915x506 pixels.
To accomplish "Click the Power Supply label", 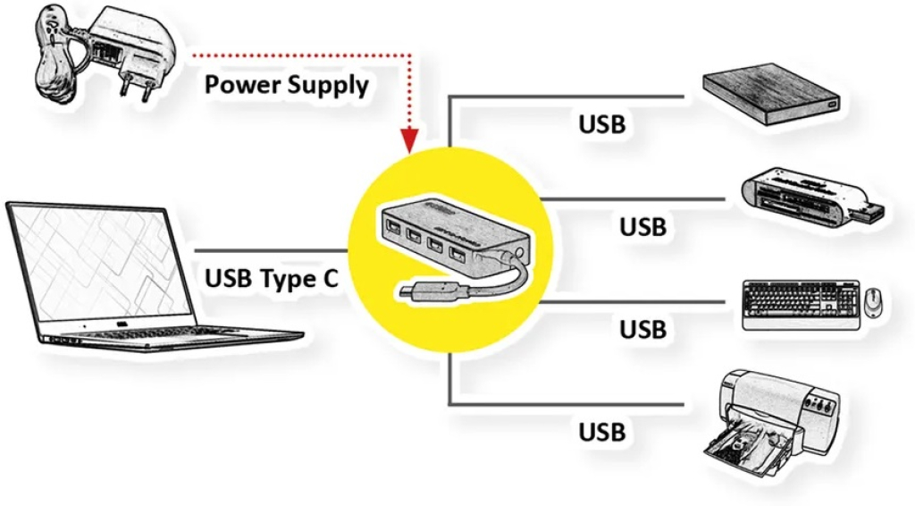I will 286,86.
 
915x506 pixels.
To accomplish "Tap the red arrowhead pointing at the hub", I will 408,140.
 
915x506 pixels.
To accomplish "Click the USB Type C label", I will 272,278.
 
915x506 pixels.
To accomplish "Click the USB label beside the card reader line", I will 642,227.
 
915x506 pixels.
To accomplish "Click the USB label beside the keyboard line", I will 642,329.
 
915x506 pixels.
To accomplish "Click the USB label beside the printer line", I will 601,432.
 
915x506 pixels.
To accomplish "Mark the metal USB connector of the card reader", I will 873,212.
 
